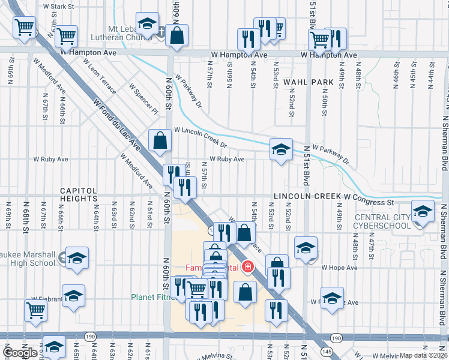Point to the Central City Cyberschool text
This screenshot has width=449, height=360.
[x=383, y=221]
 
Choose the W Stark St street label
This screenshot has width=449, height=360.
[x=58, y=6]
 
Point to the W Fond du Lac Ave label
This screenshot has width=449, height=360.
[x=116, y=126]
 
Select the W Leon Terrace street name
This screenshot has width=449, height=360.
[x=102, y=80]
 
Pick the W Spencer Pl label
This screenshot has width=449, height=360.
[x=143, y=99]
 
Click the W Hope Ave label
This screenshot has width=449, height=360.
[x=339, y=268]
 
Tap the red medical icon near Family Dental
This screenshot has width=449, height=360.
[x=245, y=268]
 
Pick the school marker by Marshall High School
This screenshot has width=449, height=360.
[x=77, y=258]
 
